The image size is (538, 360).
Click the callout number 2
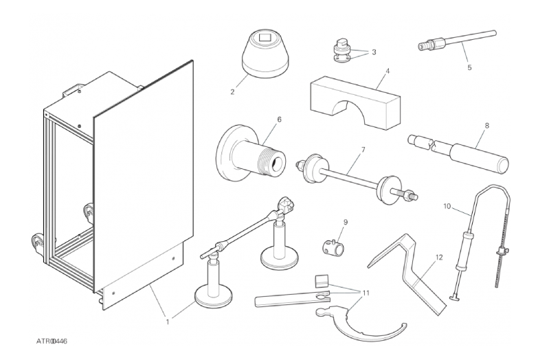tap(232, 92)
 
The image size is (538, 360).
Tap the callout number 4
tap(388, 71)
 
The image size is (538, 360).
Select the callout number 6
tap(279, 120)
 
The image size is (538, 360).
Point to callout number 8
tap(487, 126)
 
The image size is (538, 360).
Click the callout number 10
tap(447, 206)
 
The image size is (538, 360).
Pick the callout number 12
tap(439, 257)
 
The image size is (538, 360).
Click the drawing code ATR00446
tap(52, 341)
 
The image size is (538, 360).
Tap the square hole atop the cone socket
tap(265, 36)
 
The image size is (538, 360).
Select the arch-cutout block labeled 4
tap(355, 103)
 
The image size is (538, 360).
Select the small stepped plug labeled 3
tap(341, 50)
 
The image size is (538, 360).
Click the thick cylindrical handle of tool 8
tap(480, 158)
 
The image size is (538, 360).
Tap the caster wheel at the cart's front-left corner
tap(38, 243)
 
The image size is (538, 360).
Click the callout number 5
tap(469, 67)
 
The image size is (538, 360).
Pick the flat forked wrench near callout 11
tap(292, 299)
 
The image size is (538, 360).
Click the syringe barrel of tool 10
tap(462, 250)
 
